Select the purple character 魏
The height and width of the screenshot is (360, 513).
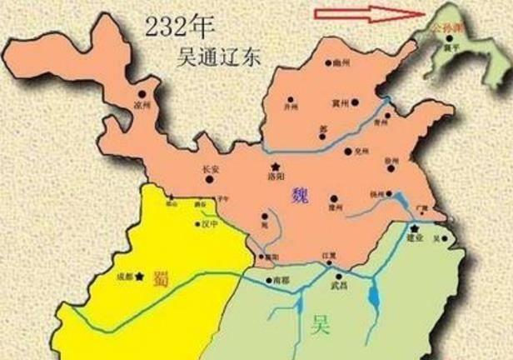point(300,196)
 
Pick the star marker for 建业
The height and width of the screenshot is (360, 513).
point(413,227)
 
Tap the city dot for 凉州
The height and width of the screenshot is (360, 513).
point(142,96)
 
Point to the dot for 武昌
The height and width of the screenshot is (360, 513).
point(338,276)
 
